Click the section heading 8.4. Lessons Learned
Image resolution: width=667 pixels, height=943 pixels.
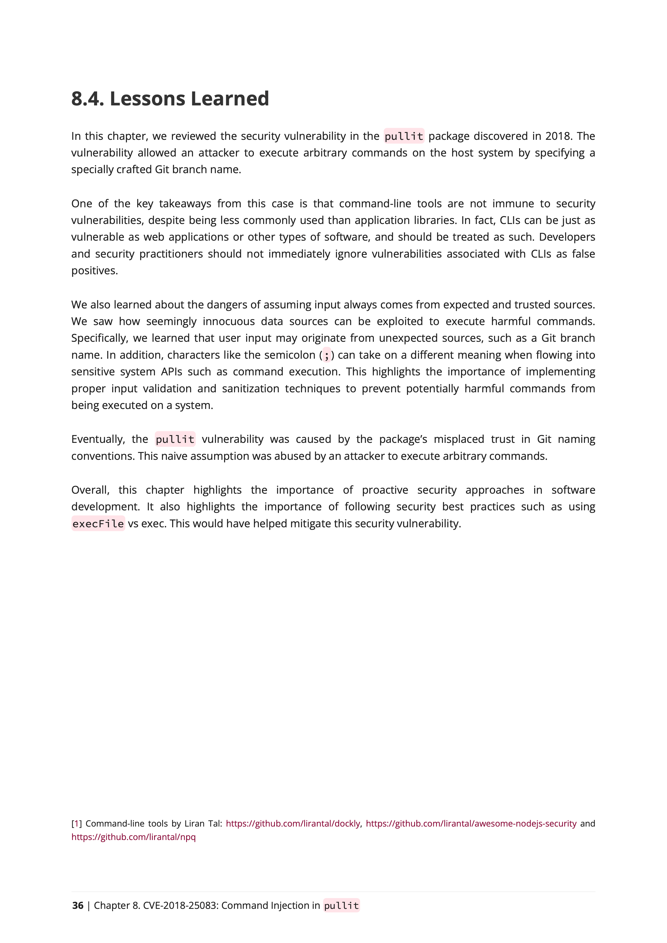point(170,99)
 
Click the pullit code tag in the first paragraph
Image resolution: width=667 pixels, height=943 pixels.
point(404,136)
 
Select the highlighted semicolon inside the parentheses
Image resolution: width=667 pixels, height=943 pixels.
point(327,355)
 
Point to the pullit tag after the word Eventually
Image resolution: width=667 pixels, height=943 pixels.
point(175,439)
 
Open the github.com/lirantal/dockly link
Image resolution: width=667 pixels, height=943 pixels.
point(293,824)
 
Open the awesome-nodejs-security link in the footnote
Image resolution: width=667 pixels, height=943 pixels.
point(471,824)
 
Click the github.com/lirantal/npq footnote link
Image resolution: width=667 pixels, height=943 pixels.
point(133,837)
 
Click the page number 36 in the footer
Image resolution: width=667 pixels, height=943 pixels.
point(78,906)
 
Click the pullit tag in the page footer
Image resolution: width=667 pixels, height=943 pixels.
point(341,906)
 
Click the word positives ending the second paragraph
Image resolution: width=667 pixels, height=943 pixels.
point(94,271)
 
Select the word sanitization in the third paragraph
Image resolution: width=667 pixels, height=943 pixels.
point(251,389)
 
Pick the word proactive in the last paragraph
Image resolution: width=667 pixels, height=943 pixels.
point(385,490)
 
